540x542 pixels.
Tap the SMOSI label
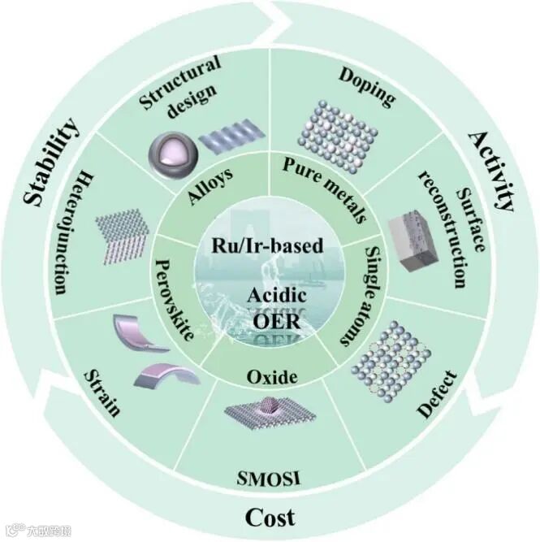[x=270, y=475]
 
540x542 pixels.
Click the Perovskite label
[x=183, y=298]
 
